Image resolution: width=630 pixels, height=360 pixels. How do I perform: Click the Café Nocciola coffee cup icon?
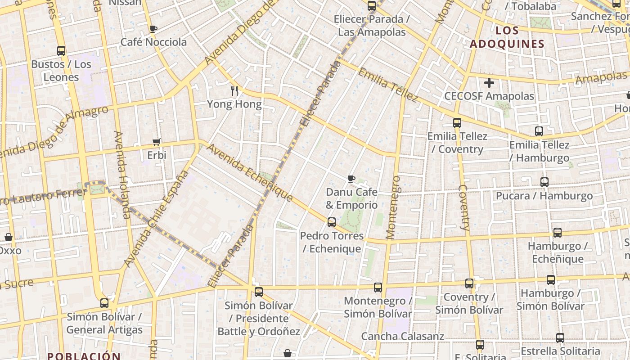tap(153, 29)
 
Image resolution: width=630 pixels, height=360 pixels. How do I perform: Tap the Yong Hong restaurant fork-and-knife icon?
tap(234, 91)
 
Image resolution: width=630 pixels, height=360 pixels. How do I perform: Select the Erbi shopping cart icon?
tap(157, 142)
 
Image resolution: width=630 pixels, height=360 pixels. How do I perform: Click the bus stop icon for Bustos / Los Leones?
tap(61, 51)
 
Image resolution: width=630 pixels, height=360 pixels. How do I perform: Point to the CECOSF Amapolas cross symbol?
tap(489, 83)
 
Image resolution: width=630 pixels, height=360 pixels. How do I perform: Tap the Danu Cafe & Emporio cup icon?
tap(351, 179)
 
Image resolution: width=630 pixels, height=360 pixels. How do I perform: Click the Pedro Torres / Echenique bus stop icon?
tap(332, 222)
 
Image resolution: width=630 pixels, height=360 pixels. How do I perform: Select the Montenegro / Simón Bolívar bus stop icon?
tap(378, 288)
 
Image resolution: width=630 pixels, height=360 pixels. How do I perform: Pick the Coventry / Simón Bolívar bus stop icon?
tap(469, 283)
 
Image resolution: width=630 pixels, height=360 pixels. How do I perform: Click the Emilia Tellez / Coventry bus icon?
tap(457, 122)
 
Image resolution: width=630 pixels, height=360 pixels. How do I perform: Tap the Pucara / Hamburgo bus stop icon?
tap(544, 182)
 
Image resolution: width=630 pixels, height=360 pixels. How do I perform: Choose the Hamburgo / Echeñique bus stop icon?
tap(558, 233)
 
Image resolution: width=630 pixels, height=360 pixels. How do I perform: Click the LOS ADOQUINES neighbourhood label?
tap(507, 37)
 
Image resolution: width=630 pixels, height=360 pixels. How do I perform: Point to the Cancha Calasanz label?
tap(402, 336)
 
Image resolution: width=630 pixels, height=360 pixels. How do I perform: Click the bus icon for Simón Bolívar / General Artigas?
tap(104, 303)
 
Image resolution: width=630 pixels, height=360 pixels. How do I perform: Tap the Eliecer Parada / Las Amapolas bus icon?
tap(372, 6)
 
